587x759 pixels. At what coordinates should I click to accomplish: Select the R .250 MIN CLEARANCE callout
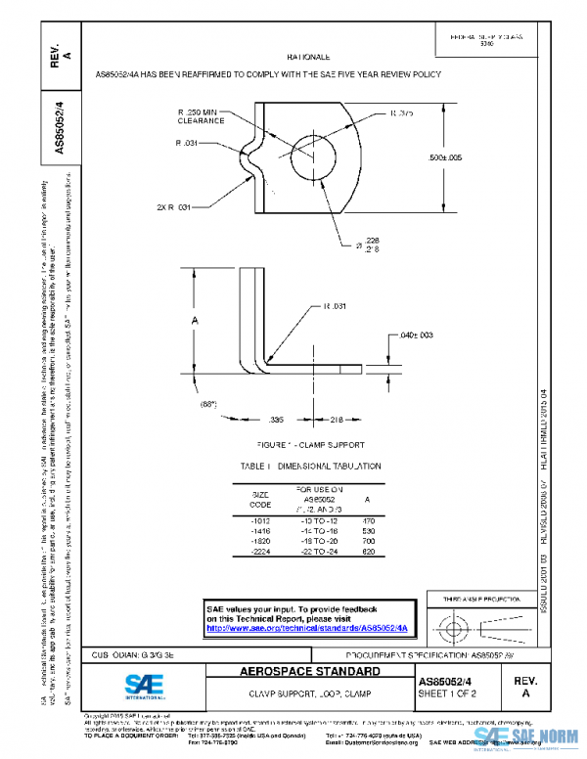pyautogui.click(x=203, y=117)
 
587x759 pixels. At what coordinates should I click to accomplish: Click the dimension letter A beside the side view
pyautogui.click(x=195, y=321)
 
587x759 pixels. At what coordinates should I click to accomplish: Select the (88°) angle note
pyautogui.click(x=206, y=403)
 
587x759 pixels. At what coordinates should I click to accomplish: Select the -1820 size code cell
pyautogui.click(x=261, y=540)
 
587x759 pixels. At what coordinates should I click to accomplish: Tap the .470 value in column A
pyautogui.click(x=368, y=521)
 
